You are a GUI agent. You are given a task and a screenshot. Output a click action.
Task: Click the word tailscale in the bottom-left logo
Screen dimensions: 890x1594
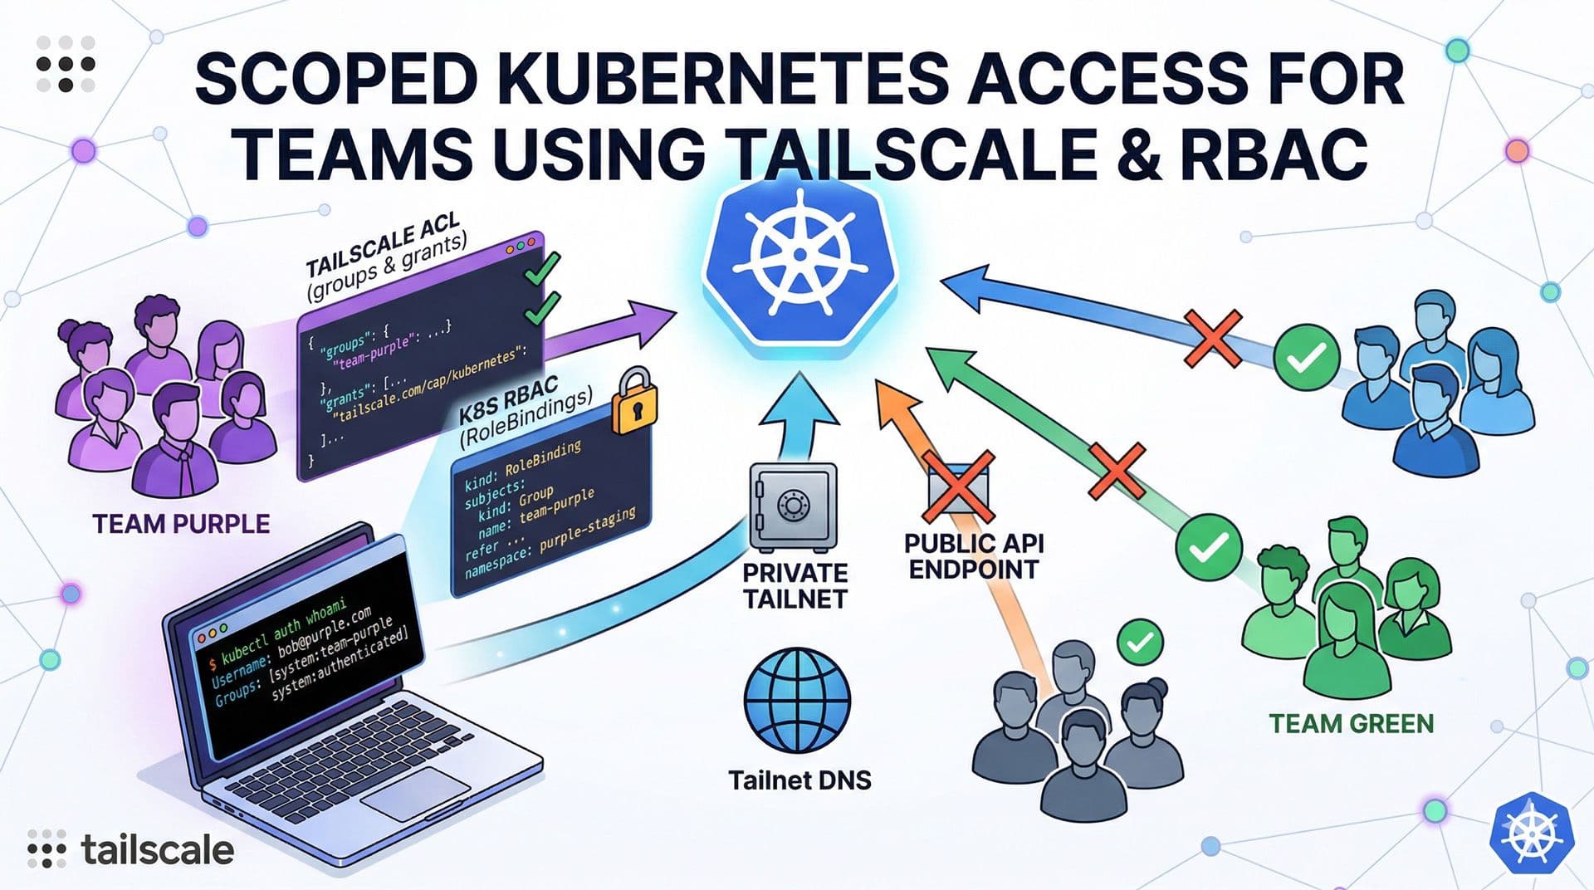tap(158, 850)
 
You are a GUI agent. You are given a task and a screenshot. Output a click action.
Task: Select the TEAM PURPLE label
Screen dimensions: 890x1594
tap(181, 524)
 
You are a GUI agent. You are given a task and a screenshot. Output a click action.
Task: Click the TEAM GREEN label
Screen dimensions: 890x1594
tap(1351, 723)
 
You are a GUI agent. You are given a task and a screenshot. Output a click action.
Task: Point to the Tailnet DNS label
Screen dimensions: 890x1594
tap(799, 780)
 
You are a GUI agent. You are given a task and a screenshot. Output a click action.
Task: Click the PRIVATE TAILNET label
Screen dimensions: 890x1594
tap(795, 585)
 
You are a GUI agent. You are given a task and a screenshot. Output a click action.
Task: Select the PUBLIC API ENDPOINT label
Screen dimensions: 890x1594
tap(973, 556)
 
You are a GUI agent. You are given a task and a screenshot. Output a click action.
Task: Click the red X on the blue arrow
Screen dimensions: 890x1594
tap(1213, 339)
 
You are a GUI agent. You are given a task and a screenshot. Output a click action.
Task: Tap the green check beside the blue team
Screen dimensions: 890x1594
tap(1306, 358)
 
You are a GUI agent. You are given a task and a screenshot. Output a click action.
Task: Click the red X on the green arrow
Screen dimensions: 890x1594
tap(1117, 472)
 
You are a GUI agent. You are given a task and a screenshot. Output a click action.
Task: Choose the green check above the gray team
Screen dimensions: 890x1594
tap(1140, 642)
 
